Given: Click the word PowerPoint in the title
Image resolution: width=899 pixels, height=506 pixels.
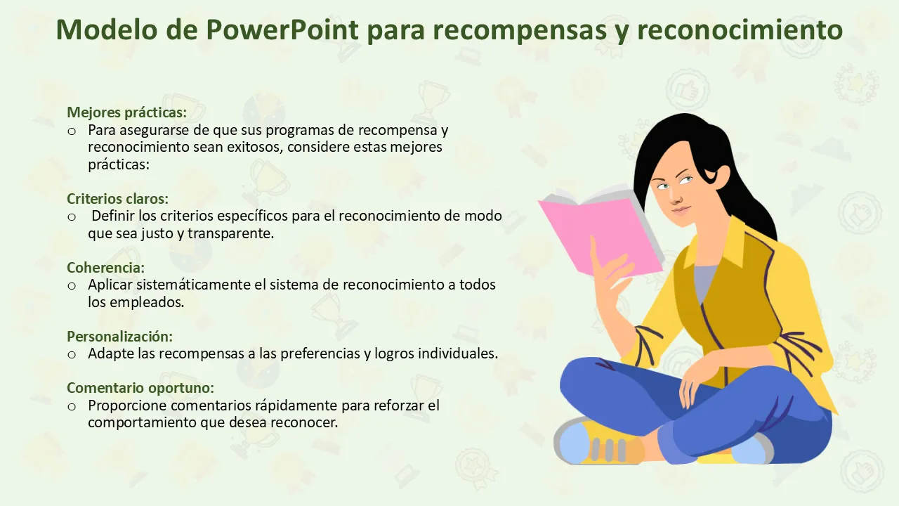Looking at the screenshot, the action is pos(282,30).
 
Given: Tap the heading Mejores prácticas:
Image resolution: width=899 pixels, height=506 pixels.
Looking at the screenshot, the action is pos(127,112).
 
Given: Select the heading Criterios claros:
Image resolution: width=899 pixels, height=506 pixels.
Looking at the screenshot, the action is pos(117,199).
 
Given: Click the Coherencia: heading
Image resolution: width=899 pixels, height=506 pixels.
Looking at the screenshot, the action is pos(105,268).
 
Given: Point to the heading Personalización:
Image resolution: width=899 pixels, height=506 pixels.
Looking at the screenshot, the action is pos(119,337).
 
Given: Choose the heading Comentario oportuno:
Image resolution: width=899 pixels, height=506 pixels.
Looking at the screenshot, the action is pos(140,388).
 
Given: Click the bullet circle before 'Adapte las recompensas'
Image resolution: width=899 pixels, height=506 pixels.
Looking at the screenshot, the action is pos(72,355).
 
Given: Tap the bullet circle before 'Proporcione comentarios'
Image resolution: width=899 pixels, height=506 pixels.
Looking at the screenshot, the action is pos(72,406).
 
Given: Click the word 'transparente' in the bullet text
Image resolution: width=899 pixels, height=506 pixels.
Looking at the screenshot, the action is pos(231,234).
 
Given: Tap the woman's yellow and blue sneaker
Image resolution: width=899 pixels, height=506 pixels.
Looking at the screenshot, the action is pos(598,442).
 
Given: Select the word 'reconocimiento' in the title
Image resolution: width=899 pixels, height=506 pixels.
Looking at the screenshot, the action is pos(740,30).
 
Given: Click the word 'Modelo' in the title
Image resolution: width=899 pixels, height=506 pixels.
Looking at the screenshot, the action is pos(106,30).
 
